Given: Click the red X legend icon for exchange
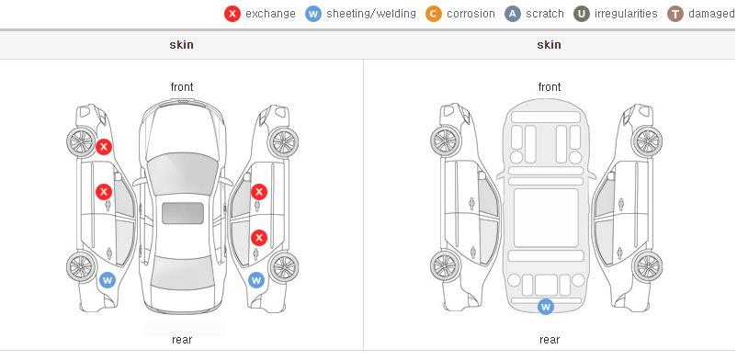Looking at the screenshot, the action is [x=232, y=14].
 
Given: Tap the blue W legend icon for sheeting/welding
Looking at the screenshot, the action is [x=313, y=14].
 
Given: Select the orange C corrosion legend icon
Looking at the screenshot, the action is [x=434, y=14].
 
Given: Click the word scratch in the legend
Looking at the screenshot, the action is [x=545, y=14].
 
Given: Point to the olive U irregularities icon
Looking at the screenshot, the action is [x=582, y=14].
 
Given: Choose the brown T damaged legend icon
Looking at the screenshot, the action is [x=675, y=14].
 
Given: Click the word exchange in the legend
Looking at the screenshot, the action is [x=270, y=14].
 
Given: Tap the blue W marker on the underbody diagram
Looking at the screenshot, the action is [x=546, y=307].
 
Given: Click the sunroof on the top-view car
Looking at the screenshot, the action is [x=183, y=213].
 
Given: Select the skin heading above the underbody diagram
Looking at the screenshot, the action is [x=549, y=45].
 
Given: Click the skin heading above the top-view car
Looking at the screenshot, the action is [x=181, y=45].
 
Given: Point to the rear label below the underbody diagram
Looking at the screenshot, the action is [x=550, y=340].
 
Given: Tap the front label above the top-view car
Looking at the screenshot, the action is [x=182, y=87].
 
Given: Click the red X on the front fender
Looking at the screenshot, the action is [x=104, y=147].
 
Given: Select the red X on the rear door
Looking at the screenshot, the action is [x=259, y=237].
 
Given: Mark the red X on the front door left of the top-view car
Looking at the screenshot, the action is [x=104, y=192].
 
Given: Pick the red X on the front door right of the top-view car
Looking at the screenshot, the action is [x=259, y=192].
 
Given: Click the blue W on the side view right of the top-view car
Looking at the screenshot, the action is [x=256, y=281].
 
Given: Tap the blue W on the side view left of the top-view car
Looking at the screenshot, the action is [x=108, y=281].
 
